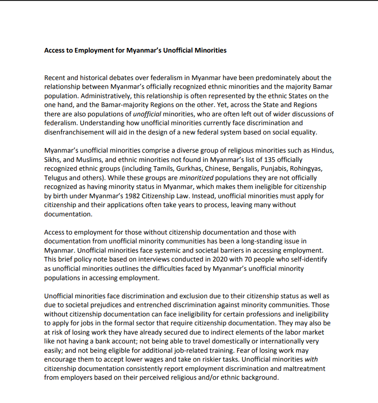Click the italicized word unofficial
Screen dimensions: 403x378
(148, 114)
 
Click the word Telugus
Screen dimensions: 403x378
(56, 177)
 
